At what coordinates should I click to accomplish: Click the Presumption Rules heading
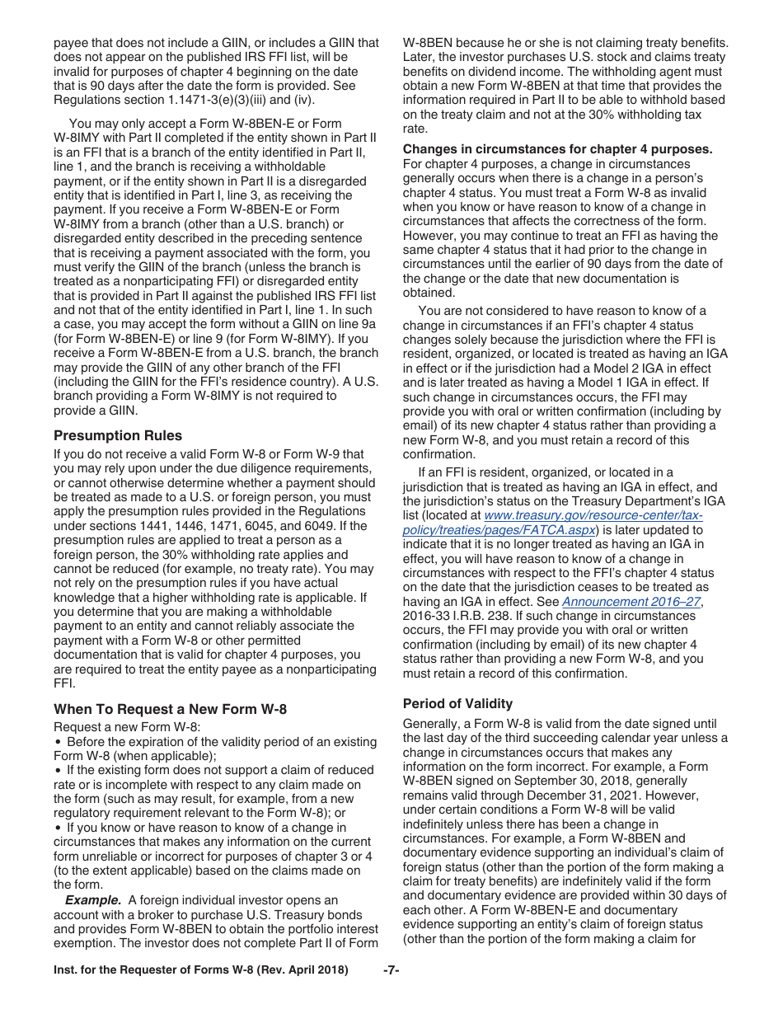coord(118,435)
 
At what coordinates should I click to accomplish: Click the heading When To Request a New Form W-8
coord(170,709)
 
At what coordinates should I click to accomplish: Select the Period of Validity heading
coord(457,703)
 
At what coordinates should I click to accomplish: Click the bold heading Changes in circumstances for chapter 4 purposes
coord(557,149)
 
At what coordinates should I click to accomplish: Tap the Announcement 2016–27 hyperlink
coord(631,602)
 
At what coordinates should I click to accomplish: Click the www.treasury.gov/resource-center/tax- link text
coord(593,515)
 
